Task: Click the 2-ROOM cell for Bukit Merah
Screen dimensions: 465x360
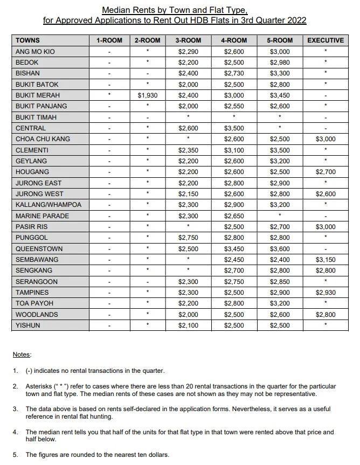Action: pos(147,95)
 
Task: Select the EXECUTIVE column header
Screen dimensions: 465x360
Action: pos(325,40)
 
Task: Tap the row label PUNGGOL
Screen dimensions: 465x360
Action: pos(32,238)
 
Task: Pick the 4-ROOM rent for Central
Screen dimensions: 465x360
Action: pos(234,128)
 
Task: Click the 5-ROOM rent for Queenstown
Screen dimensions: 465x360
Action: pos(280,249)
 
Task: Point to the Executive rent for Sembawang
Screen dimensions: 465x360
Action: pos(325,260)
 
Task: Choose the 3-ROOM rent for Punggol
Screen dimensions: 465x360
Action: pos(189,238)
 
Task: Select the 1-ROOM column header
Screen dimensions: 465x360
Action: pos(109,40)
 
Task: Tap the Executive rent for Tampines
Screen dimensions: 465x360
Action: pos(325,293)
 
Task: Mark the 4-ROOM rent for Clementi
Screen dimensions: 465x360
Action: pos(234,150)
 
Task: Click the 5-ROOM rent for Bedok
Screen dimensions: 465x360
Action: pos(280,63)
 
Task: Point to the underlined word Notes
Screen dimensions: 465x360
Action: pos(22,355)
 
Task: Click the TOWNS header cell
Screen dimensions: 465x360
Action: pos(27,40)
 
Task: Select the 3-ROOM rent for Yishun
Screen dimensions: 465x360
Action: pos(189,325)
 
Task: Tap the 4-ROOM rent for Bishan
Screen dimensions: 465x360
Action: pos(234,73)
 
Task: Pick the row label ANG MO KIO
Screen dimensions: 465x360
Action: pos(35,52)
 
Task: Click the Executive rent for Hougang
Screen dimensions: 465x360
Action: pos(325,172)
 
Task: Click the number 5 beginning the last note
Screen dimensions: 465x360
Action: pos(15,455)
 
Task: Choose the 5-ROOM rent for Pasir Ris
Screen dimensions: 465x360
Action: pos(280,227)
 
